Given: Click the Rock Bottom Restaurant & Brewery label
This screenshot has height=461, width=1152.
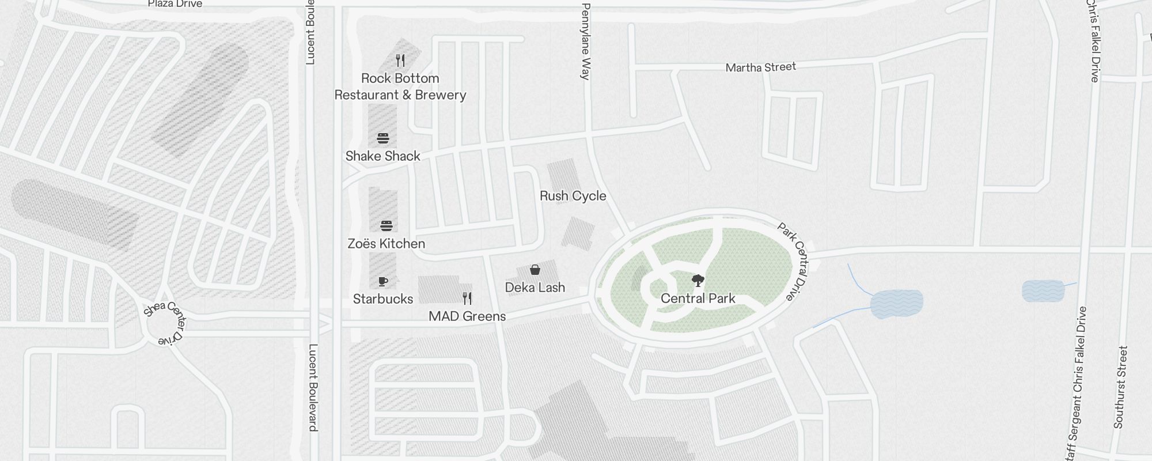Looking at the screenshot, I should click(x=400, y=86).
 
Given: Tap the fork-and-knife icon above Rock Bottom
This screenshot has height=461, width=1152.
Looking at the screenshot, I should click(x=400, y=60).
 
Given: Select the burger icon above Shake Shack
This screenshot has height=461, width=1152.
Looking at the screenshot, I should click(x=383, y=138).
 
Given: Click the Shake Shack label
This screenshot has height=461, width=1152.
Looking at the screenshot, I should click(x=382, y=156).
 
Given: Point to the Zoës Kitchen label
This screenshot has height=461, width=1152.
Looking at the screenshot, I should click(x=386, y=244).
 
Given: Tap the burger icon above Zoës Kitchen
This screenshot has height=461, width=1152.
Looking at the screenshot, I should click(x=386, y=225).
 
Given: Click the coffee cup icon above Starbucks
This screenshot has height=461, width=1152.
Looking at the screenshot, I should click(x=383, y=281).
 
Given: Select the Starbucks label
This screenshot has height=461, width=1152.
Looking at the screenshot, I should click(x=382, y=299).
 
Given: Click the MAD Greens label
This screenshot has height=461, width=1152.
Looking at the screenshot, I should click(x=467, y=316).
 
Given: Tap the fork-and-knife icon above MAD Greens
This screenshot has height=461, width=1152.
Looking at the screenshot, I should click(x=467, y=298).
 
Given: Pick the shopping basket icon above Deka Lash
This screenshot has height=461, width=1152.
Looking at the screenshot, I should click(x=535, y=270).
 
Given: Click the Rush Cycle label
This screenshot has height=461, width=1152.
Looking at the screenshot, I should click(x=573, y=196).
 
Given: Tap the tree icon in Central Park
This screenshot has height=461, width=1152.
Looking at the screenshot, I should click(x=698, y=281).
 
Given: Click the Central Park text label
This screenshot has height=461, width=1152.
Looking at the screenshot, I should click(x=698, y=298).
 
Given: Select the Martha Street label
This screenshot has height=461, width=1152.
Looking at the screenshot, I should click(x=760, y=67).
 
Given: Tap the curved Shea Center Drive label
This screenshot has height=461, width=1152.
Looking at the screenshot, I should click(x=165, y=322).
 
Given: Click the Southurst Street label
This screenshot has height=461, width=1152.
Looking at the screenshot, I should click(x=1120, y=387).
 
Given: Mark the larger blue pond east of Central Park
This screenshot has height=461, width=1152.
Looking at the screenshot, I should click(x=896, y=304).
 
